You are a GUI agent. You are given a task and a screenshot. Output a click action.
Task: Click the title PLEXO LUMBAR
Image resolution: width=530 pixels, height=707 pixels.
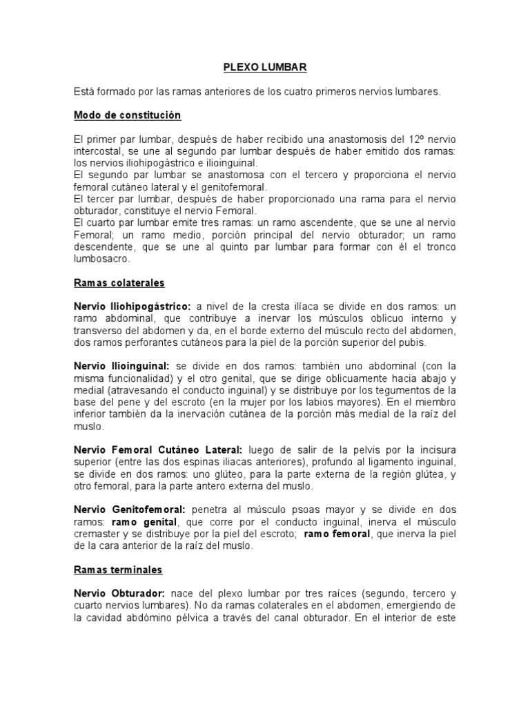pos(265,68)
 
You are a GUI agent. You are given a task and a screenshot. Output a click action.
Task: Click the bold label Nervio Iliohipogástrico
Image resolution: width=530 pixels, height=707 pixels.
pos(132,306)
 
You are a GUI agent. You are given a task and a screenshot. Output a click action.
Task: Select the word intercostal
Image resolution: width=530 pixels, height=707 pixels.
pos(99,151)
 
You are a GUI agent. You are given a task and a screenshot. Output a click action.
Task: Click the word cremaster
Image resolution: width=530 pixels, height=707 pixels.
pos(99,534)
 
